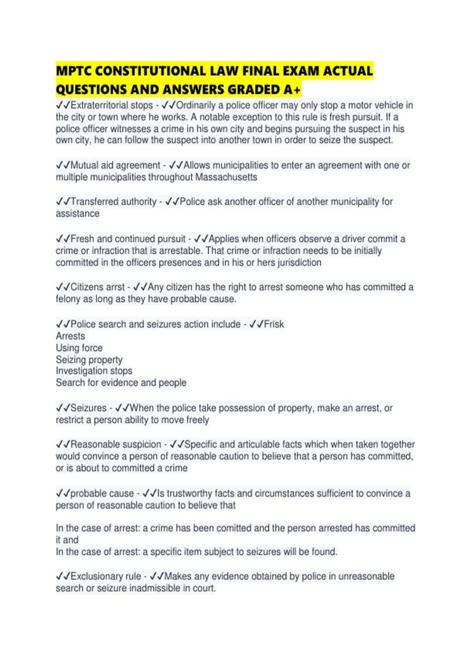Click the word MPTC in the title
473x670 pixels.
[73, 71]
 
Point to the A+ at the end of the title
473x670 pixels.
[292, 90]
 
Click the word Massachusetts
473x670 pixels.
[226, 177]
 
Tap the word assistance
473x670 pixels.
[78, 214]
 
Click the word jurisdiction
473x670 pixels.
[300, 262]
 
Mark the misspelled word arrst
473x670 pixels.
[115, 287]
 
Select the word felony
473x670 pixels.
[68, 299]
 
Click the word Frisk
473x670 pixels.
[274, 324]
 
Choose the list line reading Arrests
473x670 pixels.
[70, 336]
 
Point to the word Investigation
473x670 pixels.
[81, 371]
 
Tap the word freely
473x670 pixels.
[197, 420]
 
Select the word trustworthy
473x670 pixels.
[191, 493]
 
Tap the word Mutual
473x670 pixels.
[85, 166]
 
